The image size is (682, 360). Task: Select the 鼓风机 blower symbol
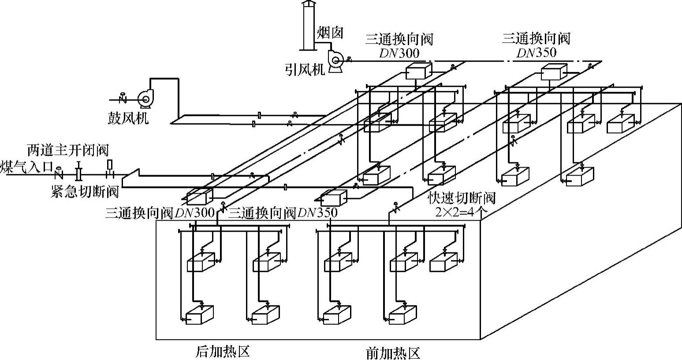pos(144,99)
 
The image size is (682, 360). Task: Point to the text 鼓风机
pos(128,118)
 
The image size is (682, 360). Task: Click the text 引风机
pos(305,70)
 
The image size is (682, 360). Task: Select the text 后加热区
pos(223,352)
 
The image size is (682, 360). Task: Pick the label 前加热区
pos(393,353)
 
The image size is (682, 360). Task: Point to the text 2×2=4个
pos(461,212)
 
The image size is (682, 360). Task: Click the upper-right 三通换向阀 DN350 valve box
pos(554,71)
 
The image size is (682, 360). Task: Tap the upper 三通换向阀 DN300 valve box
pos(417,71)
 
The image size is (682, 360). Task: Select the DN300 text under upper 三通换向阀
pos(399,53)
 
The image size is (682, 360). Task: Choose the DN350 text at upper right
pos(536,52)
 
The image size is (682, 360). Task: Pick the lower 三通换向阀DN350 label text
pos(283,213)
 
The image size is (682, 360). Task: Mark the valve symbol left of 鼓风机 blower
pos(123,97)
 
